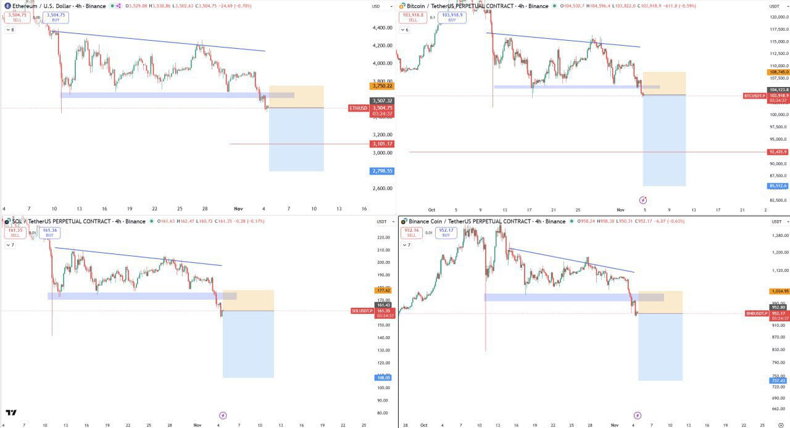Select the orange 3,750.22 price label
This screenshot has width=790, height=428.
click(x=382, y=86)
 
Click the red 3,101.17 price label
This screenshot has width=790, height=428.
click(x=382, y=144)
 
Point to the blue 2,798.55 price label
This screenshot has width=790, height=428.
click(x=382, y=171)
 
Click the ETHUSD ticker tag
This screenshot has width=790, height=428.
click(x=359, y=108)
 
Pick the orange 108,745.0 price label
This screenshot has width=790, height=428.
click(x=779, y=72)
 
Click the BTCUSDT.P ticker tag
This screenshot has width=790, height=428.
click(x=755, y=96)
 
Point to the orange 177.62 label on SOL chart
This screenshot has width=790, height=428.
click(x=383, y=290)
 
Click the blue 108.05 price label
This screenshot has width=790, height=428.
click(x=383, y=377)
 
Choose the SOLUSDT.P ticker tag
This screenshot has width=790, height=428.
click(x=362, y=311)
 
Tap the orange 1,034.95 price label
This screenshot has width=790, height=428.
click(x=779, y=291)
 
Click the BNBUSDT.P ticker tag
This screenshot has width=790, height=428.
click(x=757, y=313)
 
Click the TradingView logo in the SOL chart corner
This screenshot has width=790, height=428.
click(x=11, y=413)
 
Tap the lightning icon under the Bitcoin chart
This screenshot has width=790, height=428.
click(x=643, y=200)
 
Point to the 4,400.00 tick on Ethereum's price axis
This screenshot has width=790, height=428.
click(x=383, y=28)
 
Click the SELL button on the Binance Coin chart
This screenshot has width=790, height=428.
click(x=412, y=233)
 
